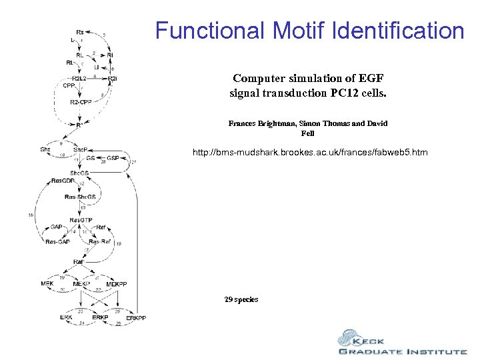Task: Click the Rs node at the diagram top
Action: (80, 31)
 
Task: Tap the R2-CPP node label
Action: (81, 102)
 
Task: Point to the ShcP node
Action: (80, 149)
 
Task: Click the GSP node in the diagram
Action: (113, 158)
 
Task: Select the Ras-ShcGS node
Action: (80, 197)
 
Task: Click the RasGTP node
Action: (81, 220)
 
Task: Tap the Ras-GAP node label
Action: (57, 241)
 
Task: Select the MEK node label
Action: (47, 283)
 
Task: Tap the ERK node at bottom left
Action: (67, 317)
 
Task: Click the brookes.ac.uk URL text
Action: (310, 153)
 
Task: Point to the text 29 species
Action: (241, 299)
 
